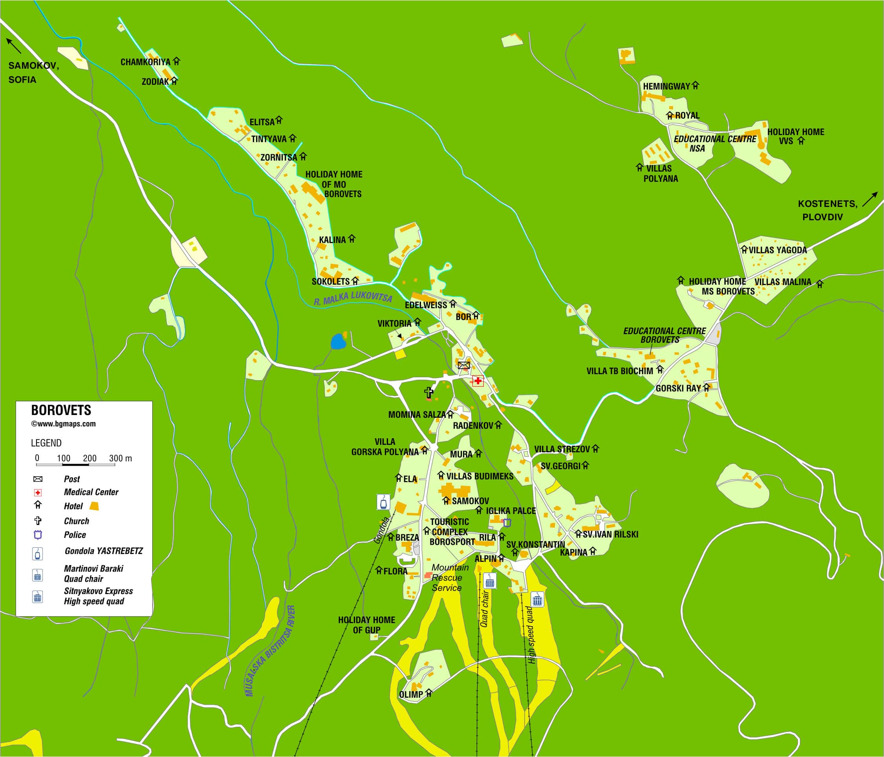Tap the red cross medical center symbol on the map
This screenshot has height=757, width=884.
[478, 380]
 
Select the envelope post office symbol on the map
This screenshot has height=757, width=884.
[464, 365]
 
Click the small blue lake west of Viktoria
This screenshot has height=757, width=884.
[338, 342]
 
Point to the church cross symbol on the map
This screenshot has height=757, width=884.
[429, 392]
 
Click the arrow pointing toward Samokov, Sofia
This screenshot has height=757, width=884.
[13, 46]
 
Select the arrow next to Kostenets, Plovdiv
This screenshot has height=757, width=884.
[869, 199]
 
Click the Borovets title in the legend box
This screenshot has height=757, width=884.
[61, 410]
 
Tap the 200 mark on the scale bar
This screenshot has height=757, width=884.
[90, 459]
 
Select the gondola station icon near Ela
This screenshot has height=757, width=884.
[384, 502]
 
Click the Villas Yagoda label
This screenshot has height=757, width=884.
[777, 251]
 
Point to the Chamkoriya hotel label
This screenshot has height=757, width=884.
[145, 62]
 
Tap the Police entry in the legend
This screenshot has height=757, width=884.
[75, 535]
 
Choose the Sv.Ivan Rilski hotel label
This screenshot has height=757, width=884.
[610, 534]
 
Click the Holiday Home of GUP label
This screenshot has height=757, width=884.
[366, 625]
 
